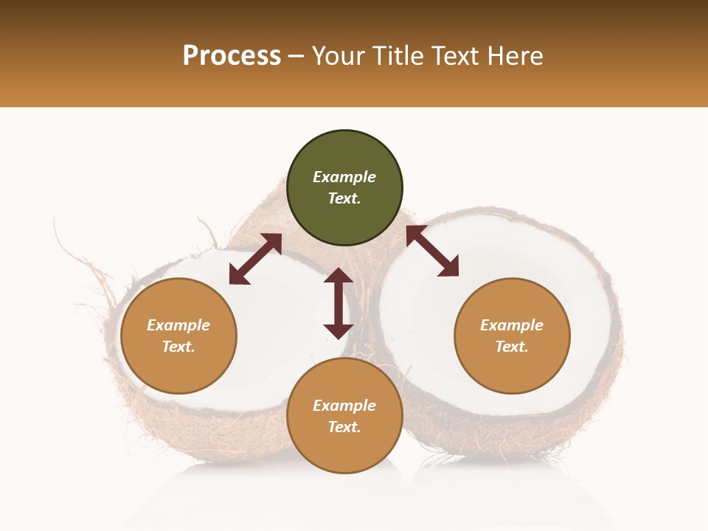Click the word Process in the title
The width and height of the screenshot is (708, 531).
click(x=232, y=56)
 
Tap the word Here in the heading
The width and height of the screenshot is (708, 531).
click(x=514, y=56)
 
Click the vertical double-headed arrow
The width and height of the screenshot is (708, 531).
click(x=339, y=303)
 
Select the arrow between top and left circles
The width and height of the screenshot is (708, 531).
click(x=255, y=259)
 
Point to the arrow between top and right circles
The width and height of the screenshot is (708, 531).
click(x=432, y=251)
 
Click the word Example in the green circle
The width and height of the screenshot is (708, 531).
click(x=344, y=177)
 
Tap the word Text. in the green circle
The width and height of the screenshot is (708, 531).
click(x=344, y=198)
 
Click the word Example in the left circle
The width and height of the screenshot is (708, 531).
click(x=178, y=325)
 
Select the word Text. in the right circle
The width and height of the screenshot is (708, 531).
click(x=512, y=347)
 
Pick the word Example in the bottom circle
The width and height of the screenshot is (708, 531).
click(x=344, y=406)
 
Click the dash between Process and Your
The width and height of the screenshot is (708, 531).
click(x=296, y=57)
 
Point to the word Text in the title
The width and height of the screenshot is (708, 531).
click(x=453, y=56)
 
